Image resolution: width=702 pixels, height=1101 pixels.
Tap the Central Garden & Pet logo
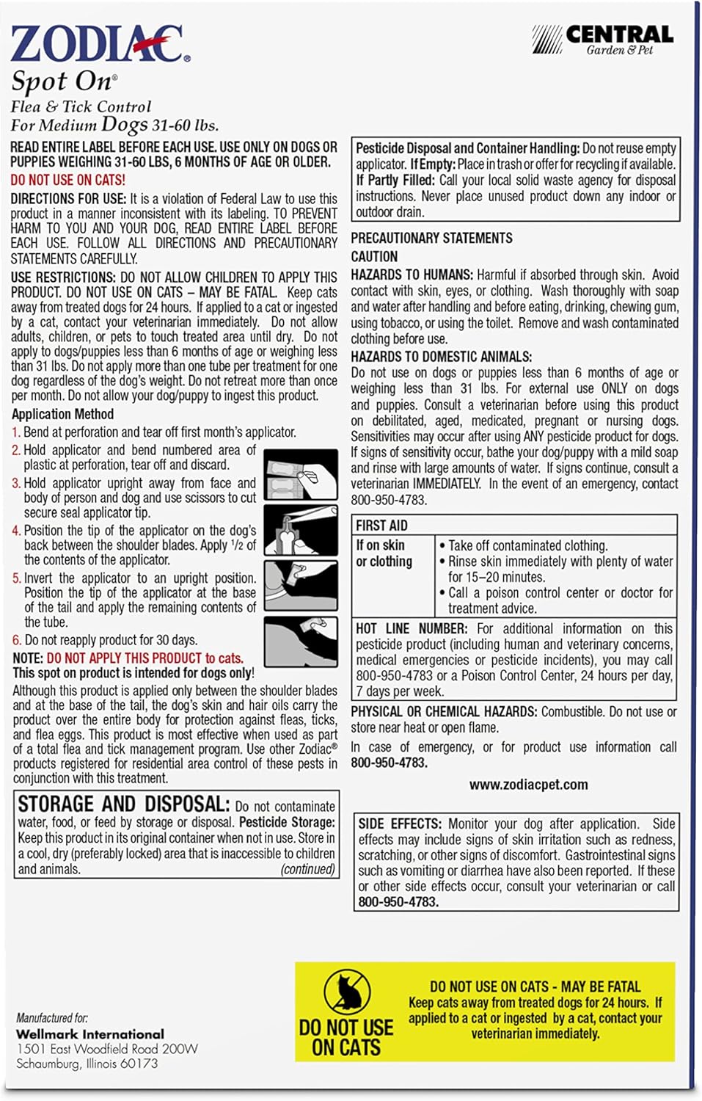(603, 39)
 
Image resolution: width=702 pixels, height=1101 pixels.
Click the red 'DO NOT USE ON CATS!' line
(67, 180)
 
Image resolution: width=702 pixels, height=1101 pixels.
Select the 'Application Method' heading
(62, 414)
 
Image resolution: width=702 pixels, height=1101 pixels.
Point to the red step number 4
(16, 531)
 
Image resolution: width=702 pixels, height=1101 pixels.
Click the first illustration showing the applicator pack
(300, 474)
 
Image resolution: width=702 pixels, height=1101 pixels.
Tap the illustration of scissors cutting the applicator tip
(300, 529)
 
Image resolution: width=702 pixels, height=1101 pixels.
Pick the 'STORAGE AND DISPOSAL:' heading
(123, 804)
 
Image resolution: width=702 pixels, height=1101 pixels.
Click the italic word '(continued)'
(307, 869)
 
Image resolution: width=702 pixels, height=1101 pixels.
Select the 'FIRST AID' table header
(381, 526)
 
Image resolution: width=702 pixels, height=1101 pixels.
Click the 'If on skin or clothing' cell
(384, 553)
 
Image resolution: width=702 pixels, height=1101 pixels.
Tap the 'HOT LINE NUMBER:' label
(412, 629)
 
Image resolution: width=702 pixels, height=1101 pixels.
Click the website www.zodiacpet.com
(528, 785)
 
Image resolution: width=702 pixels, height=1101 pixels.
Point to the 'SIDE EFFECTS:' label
(400, 824)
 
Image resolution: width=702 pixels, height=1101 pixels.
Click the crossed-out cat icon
(347, 992)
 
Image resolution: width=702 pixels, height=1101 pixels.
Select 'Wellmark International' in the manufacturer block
(90, 1034)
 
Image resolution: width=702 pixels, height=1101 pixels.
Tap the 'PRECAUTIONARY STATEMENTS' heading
(431, 239)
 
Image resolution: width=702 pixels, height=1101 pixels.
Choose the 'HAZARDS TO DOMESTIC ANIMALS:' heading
(441, 357)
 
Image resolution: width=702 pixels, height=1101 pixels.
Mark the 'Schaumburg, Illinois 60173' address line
(87, 1064)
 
